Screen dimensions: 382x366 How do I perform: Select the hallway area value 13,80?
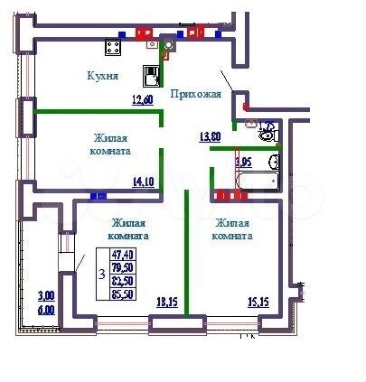point(210,136)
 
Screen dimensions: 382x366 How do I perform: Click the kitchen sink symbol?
point(152,77)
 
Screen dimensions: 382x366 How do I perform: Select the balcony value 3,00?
point(44,295)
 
